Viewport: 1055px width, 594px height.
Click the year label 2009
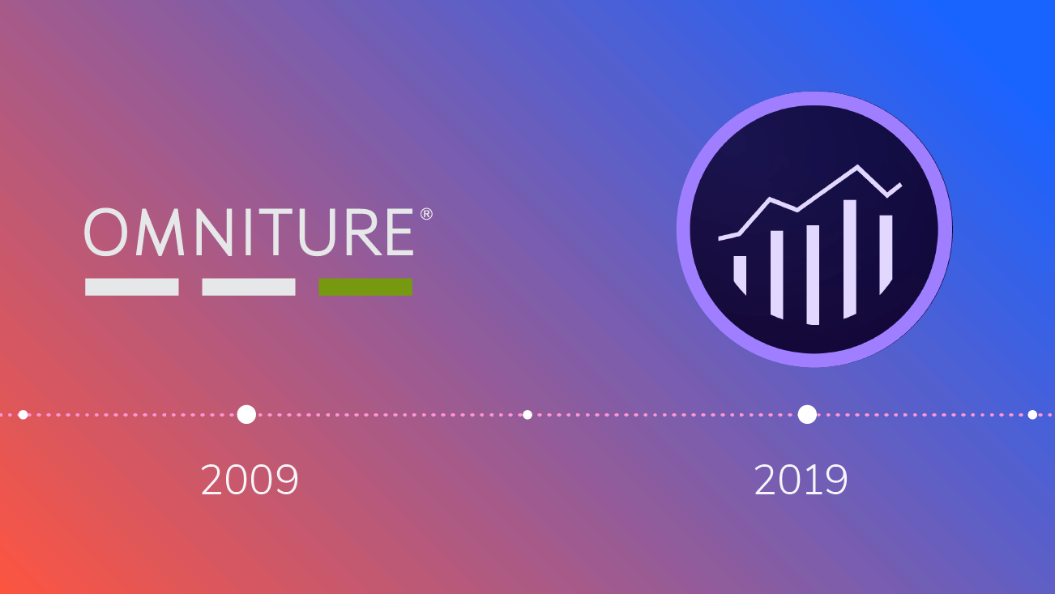250,481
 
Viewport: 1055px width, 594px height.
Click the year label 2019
801,481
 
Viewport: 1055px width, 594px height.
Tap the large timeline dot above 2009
246,414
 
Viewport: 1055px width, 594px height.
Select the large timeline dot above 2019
807,414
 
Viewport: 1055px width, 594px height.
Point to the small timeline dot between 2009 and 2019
527,415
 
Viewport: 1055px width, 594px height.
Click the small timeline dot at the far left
23,415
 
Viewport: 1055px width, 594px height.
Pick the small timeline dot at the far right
1032,415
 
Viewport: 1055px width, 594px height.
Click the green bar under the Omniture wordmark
365,287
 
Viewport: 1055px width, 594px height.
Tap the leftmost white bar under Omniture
132,287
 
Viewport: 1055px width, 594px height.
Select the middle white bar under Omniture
249,287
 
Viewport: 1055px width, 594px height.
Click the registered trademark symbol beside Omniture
425,215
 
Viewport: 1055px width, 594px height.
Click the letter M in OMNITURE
164,233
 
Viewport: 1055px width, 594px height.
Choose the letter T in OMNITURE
280,233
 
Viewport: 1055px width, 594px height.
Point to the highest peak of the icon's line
858,168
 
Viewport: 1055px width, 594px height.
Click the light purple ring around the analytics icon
814,99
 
